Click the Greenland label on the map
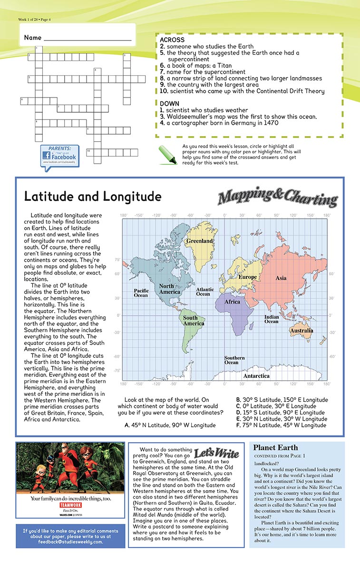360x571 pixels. [x=199, y=241]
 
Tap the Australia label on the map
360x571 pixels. [x=302, y=330]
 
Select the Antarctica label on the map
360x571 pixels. [x=256, y=375]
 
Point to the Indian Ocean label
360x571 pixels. [x=272, y=319]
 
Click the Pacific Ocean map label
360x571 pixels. [x=141, y=293]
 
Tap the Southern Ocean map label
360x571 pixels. [x=234, y=360]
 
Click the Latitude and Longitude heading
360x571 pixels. [x=93, y=197]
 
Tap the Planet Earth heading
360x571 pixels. [x=275, y=447]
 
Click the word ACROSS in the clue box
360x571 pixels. [x=172, y=40]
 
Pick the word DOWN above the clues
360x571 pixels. [x=169, y=103]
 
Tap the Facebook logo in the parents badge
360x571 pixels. [x=59, y=157]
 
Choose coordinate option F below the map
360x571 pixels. [x=281, y=425]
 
